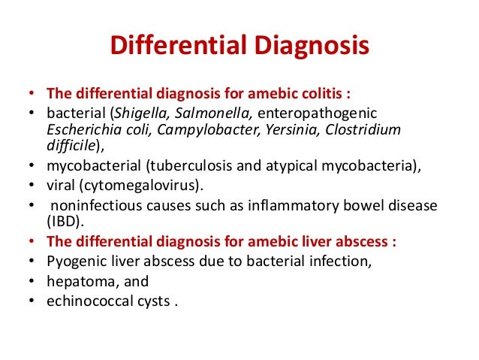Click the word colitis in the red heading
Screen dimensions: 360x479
[298, 95]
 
